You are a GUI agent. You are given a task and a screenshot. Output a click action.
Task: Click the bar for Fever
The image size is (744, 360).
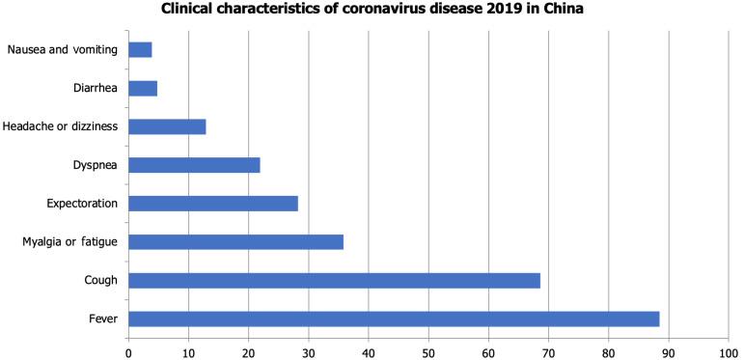394,318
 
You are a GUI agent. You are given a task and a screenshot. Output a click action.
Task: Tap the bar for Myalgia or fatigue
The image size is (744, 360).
235,241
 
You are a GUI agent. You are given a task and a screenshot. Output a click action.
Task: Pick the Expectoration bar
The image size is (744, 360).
212,203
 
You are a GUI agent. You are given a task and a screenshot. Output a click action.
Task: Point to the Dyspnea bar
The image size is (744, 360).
194,165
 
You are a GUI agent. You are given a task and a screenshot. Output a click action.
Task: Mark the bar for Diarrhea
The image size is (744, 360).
143,88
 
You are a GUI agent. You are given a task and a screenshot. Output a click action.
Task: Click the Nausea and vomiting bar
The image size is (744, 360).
140,49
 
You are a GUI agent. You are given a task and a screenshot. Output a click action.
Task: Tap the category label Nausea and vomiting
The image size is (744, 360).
63,49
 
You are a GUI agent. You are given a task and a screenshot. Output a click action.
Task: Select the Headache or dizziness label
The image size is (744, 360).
60,126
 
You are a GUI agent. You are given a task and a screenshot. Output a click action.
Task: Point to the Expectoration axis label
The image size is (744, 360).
82,203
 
